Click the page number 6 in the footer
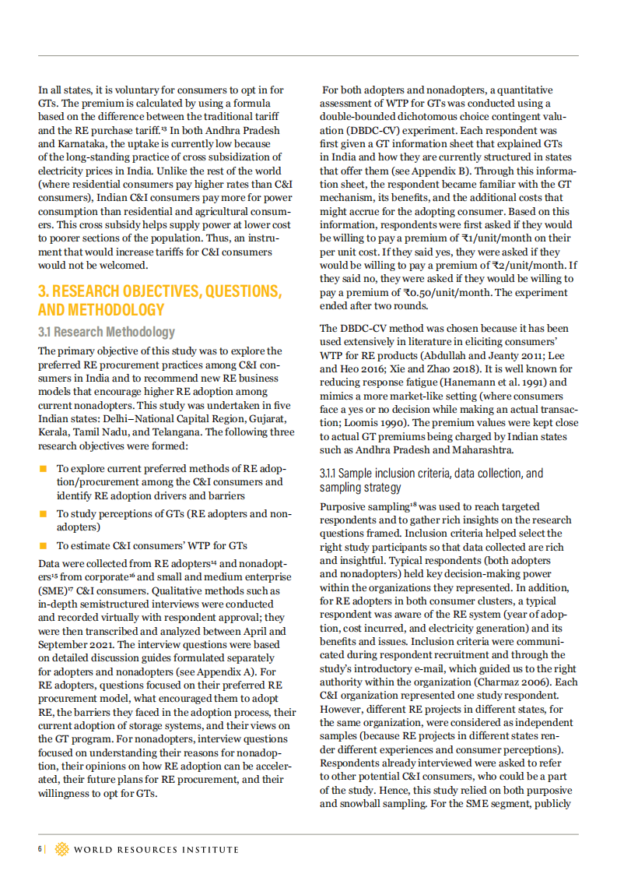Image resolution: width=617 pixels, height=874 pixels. (x=39, y=848)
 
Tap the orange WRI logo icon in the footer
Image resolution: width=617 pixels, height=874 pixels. (x=61, y=849)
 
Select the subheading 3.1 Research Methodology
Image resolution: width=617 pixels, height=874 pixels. (x=107, y=332)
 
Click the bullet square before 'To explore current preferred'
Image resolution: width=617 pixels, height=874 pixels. (x=44, y=469)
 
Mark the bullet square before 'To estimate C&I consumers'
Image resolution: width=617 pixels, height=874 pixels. (x=44, y=545)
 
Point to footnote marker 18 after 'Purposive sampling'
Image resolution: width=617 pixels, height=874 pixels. (x=414, y=505)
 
